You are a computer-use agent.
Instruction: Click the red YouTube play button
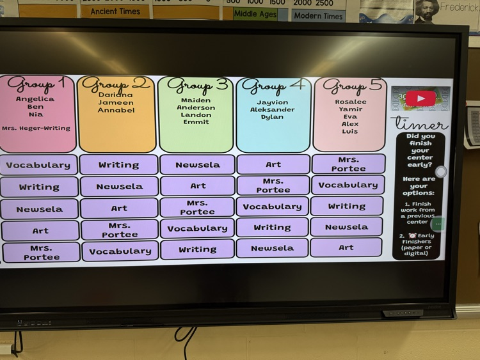point(420,98)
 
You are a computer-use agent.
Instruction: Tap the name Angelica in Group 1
point(35,99)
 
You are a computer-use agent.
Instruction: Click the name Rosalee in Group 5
point(351,102)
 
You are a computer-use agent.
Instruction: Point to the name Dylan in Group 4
point(273,117)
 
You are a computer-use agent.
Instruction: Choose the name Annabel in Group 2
point(116,110)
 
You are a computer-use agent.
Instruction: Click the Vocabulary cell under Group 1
point(38,165)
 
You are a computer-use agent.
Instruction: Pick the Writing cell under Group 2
point(118,165)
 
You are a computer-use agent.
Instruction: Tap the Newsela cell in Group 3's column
point(197,165)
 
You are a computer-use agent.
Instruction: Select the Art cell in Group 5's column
point(346,247)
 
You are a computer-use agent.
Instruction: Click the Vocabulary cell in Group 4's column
point(272,207)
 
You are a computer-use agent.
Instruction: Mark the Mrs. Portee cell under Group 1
point(41,253)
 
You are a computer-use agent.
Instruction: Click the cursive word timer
point(419,123)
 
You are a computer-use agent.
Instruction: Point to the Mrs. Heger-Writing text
point(36,128)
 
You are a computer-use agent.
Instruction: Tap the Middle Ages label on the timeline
point(255,14)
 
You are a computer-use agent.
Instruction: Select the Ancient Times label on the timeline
point(115,12)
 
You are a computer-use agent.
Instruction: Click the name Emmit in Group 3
point(196,122)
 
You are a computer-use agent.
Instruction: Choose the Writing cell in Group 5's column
point(346,206)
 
